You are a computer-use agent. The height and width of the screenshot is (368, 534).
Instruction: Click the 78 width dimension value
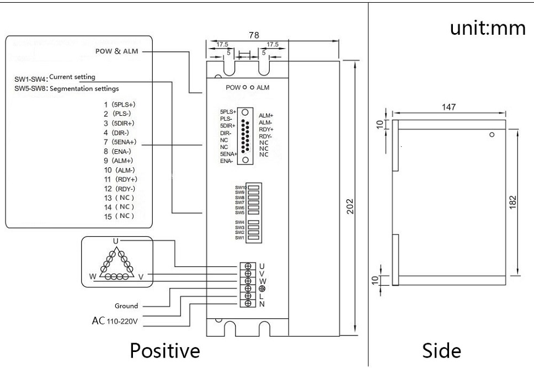[x=254, y=35]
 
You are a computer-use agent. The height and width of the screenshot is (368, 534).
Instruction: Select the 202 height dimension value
[x=350, y=206]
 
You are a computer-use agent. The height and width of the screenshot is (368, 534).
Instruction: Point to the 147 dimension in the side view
[x=448, y=107]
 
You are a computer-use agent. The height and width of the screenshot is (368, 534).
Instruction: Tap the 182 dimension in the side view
[x=513, y=202]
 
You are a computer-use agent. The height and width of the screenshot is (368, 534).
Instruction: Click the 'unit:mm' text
[x=488, y=28]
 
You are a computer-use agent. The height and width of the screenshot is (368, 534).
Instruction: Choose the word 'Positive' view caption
[x=165, y=351]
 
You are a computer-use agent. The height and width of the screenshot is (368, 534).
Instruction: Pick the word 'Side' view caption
[x=442, y=350]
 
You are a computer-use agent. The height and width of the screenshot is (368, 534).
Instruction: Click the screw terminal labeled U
[x=248, y=266]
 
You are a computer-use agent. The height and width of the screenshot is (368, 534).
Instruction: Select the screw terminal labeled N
[x=248, y=303]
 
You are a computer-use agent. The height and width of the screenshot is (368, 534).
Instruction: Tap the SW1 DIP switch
[x=253, y=237]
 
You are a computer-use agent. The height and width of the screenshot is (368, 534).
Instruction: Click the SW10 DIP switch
[x=253, y=187]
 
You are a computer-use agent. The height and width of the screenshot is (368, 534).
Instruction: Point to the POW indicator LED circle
[x=244, y=88]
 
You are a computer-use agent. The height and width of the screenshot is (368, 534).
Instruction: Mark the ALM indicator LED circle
[x=252, y=88]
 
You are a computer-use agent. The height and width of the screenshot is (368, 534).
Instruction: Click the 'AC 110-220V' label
[x=115, y=321]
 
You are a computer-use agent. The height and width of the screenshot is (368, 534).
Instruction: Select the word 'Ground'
[x=126, y=306]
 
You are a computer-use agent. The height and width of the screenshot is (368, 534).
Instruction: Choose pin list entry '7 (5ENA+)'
[x=120, y=142]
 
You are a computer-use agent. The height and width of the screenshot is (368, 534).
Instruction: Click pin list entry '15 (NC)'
[x=119, y=216]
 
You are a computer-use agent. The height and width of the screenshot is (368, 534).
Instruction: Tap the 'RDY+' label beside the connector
[x=266, y=130]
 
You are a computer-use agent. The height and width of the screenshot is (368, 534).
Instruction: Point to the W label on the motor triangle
[x=93, y=276]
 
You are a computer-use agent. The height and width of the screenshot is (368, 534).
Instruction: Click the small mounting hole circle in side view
[x=492, y=135]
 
